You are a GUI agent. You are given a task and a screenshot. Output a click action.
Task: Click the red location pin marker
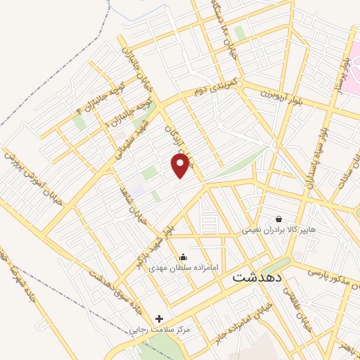click(181, 166)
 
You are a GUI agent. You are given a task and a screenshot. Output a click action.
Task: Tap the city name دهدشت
click(257, 278)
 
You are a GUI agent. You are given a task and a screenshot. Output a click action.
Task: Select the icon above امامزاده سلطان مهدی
click(184, 257)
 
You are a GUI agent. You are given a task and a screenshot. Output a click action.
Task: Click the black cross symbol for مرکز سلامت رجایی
click(159, 319)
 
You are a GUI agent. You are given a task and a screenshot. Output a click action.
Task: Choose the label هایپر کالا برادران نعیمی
click(279, 229)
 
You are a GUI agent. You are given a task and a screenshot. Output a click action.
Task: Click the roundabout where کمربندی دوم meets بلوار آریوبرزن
click(240, 85)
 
